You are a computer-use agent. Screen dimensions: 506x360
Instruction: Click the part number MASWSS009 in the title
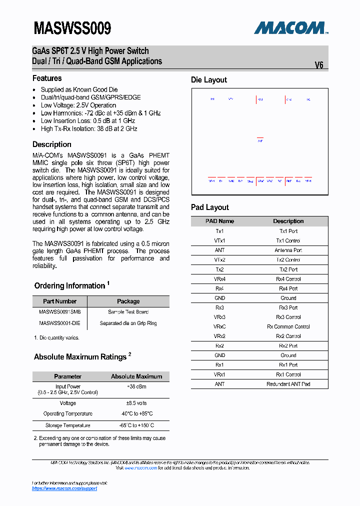(x=72, y=28)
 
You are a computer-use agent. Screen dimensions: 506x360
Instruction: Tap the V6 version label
(x=319, y=65)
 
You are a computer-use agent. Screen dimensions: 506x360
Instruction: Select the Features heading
(x=47, y=78)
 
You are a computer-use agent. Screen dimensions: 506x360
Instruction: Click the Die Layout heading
(x=209, y=80)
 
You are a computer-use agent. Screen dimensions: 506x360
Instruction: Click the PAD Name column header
(x=219, y=221)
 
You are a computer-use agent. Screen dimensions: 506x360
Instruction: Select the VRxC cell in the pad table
(x=219, y=326)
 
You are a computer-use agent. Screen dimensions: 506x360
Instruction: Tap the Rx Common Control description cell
(x=288, y=326)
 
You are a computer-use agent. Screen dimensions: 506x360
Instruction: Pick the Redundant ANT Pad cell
(x=288, y=384)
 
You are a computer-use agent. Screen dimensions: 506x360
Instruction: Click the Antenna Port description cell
(x=288, y=250)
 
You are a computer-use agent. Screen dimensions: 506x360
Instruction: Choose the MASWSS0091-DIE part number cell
(x=59, y=323)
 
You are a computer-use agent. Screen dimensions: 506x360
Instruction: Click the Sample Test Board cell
(x=128, y=312)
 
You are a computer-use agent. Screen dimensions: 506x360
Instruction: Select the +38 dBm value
(x=136, y=387)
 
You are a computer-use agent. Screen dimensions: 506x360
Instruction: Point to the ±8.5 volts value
(x=136, y=403)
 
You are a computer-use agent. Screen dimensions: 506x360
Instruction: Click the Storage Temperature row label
(x=67, y=425)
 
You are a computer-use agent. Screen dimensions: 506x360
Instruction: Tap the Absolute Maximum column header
(x=136, y=376)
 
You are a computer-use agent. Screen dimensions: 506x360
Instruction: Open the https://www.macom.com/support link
(x=64, y=488)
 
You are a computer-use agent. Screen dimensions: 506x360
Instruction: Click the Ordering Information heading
(x=70, y=286)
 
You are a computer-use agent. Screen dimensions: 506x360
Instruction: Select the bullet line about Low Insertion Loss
(x=88, y=121)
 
